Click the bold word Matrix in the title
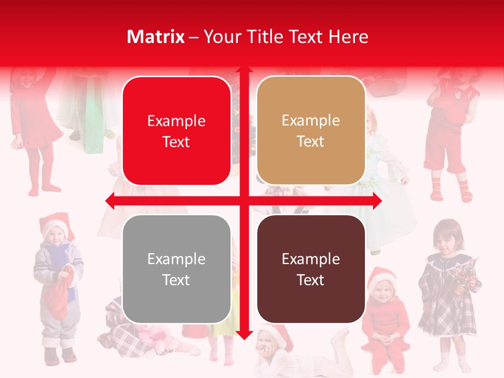156,37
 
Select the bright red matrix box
176,131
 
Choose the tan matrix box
311,131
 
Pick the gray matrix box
176,269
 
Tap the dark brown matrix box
311,269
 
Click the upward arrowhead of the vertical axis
244,70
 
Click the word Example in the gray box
176,259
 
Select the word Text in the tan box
311,142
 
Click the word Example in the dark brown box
311,259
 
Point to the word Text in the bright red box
176,142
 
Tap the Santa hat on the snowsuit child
55,223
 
